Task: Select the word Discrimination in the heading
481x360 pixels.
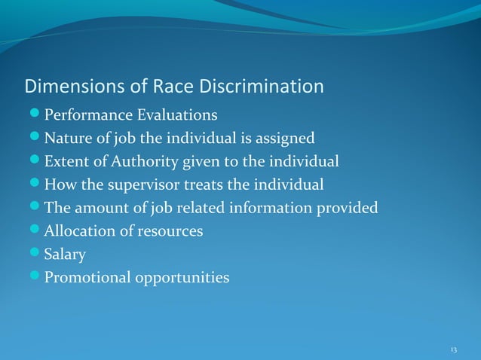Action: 261,87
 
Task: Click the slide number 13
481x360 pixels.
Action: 453,350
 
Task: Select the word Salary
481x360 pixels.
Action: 64,255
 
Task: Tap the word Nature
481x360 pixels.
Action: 66,139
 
